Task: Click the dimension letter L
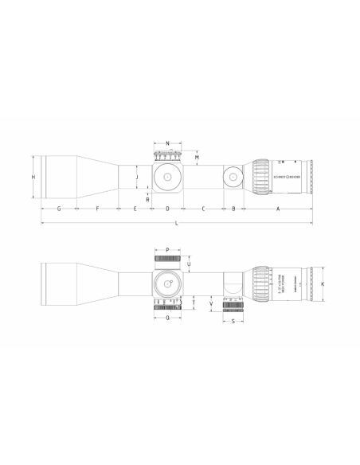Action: (x=176, y=226)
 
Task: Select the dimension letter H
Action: (x=33, y=176)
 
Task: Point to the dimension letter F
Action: (x=96, y=209)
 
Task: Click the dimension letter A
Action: (x=277, y=209)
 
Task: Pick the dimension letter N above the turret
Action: (x=167, y=144)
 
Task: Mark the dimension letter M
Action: (x=197, y=158)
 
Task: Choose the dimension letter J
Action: (x=137, y=176)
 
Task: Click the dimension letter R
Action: (x=148, y=199)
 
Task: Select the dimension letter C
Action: (x=203, y=209)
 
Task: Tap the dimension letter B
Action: (x=233, y=209)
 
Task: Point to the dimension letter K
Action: (x=323, y=283)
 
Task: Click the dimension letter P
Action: (x=167, y=249)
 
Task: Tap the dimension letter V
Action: (x=209, y=303)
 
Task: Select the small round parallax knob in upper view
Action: (x=233, y=176)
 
